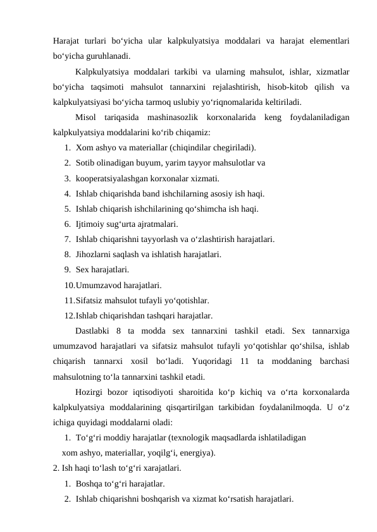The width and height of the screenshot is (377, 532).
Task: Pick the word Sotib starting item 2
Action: pos(85,163)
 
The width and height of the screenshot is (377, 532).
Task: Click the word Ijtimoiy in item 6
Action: pos(91,224)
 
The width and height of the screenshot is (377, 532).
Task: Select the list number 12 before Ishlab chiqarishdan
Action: pos(68,315)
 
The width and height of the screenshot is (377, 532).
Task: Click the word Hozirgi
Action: pos(90,392)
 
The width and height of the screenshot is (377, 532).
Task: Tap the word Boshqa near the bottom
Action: pos(90,483)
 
